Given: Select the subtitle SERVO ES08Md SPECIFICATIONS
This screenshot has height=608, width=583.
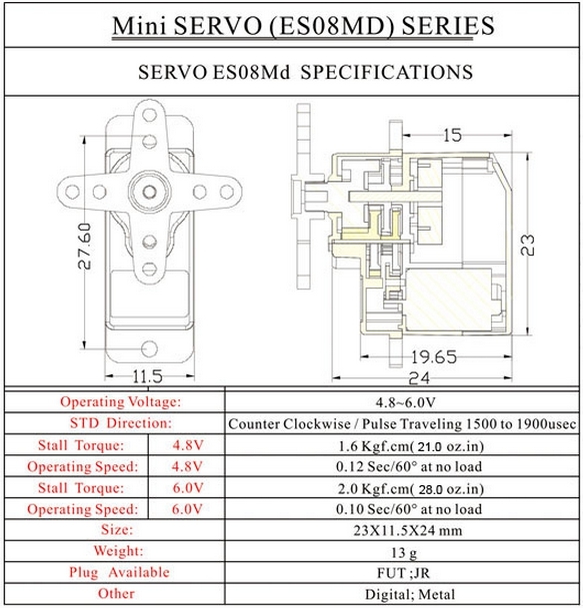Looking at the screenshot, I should (x=290, y=72).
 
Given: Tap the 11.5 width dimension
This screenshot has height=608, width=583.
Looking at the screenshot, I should (x=146, y=375).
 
